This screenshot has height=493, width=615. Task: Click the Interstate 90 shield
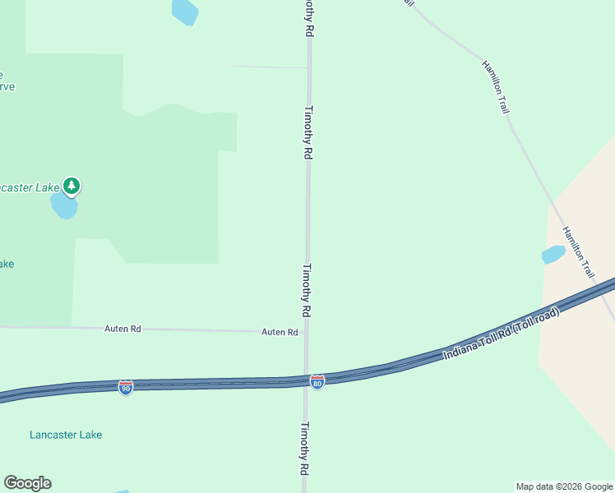(x=126, y=387)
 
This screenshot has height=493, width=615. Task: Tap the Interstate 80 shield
(x=317, y=382)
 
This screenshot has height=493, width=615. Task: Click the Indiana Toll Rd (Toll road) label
(x=502, y=334)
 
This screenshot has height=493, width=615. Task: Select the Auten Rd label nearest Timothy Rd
(x=280, y=332)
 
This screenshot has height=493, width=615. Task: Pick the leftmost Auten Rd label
(x=123, y=329)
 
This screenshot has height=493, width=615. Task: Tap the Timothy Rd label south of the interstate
(x=304, y=449)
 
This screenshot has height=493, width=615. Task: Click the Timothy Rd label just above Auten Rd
(x=307, y=290)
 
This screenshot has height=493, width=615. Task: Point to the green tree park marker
(x=72, y=187)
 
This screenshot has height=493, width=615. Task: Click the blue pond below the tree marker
(x=64, y=205)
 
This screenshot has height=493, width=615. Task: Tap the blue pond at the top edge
(x=184, y=11)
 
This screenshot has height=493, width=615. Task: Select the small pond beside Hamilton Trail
(x=553, y=255)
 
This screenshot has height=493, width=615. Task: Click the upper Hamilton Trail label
(x=496, y=86)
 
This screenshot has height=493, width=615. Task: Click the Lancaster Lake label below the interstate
(x=66, y=435)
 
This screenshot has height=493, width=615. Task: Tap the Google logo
(x=27, y=483)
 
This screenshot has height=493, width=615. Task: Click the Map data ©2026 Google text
(x=563, y=486)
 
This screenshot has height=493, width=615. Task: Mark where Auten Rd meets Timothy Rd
(x=307, y=333)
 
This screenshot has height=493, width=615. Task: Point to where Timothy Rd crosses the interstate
(x=307, y=381)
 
